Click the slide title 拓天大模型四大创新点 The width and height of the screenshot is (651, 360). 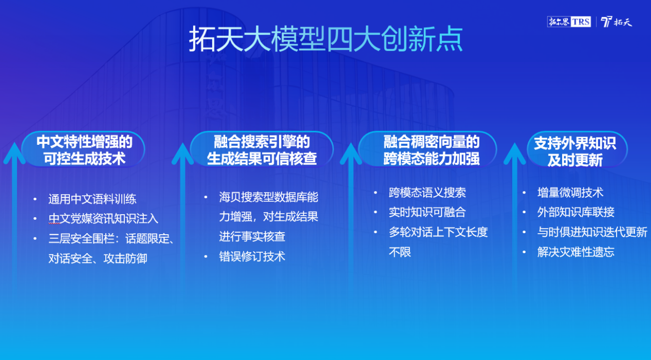click(x=326, y=39)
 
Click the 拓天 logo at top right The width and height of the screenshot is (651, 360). click(x=617, y=22)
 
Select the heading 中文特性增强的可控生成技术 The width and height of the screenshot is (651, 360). click(x=84, y=150)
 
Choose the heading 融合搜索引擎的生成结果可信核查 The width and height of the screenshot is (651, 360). click(x=262, y=150)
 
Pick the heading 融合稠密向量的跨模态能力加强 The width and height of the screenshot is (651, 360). click(x=431, y=150)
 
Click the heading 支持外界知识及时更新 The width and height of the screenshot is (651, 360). click(x=575, y=151)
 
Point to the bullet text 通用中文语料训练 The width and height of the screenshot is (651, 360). click(x=92, y=199)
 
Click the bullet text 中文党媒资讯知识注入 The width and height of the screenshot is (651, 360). click(x=103, y=218)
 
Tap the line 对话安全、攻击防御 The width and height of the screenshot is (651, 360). click(x=98, y=258)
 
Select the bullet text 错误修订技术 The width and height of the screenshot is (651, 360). click(x=252, y=256)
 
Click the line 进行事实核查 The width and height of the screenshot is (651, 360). click(x=252, y=237)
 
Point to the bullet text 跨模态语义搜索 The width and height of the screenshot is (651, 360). click(x=427, y=193)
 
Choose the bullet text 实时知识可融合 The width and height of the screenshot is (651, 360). click(x=427, y=212)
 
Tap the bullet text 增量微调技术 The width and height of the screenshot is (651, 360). click(x=570, y=193)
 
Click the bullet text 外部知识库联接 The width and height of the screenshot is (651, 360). click(x=576, y=212)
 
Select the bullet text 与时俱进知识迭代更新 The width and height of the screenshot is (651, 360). click(x=592, y=232)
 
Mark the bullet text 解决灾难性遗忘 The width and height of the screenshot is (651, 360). click(x=576, y=252)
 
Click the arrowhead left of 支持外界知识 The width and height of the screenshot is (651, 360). click(x=514, y=153)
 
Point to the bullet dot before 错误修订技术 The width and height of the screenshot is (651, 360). click(x=206, y=257)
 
